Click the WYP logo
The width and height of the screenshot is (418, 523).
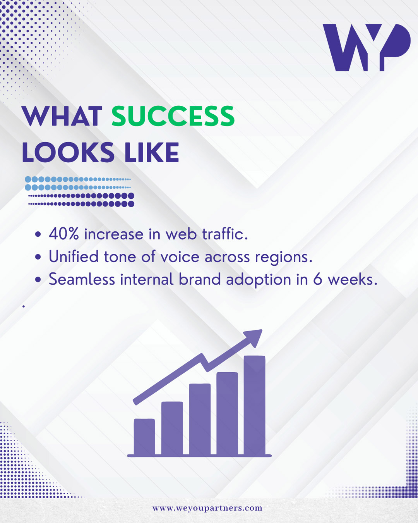click(367, 47)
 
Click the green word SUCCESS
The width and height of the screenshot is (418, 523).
click(173, 116)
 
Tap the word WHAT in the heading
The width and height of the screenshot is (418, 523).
click(62, 116)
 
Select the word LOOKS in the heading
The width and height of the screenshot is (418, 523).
click(68, 152)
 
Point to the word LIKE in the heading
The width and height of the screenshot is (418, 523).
click(152, 152)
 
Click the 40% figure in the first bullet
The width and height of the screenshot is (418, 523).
click(64, 234)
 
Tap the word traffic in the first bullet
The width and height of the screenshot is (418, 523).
click(225, 234)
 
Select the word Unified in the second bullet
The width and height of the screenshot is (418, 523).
click(74, 256)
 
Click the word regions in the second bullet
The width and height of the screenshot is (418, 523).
click(283, 258)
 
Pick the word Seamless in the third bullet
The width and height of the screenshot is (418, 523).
click(82, 279)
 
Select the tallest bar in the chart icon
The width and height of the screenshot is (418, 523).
click(255, 405)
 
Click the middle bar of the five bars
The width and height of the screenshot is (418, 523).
click(200, 419)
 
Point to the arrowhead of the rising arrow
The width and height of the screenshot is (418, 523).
click(254, 338)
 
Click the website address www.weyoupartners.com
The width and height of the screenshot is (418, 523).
click(207, 508)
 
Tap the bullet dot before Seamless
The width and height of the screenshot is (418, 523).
click(38, 280)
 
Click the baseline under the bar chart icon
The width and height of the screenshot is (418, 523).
click(199, 456)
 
